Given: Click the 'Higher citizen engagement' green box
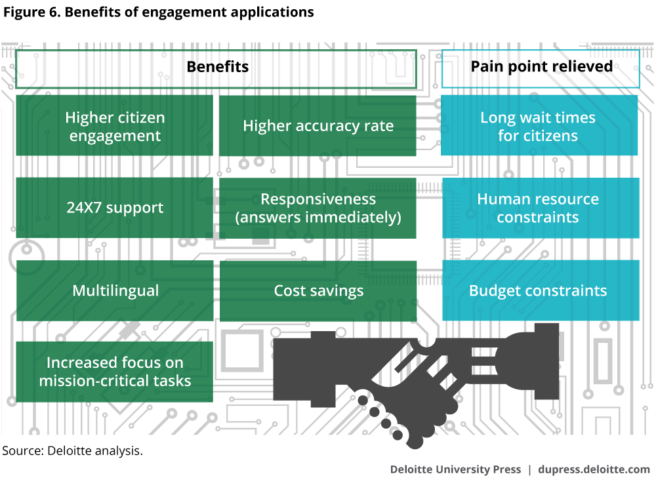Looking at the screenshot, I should pyautogui.click(x=114, y=126).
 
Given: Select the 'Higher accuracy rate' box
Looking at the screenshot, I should pyautogui.click(x=318, y=126).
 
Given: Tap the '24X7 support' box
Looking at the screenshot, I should pyautogui.click(x=114, y=208).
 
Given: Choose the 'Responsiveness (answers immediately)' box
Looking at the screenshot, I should pyautogui.click(x=318, y=208).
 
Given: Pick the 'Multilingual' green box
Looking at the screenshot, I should pyautogui.click(x=115, y=290).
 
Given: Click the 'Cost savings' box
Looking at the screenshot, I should pyautogui.click(x=318, y=290).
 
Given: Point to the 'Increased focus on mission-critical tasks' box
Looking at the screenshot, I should pyautogui.click(x=115, y=371).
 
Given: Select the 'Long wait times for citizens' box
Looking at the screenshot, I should pyautogui.click(x=539, y=126).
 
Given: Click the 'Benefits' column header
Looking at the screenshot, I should pyautogui.click(x=216, y=67).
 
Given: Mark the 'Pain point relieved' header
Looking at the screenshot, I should pyautogui.click(x=541, y=67).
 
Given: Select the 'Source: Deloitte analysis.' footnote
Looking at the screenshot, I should pyautogui.click(x=72, y=451).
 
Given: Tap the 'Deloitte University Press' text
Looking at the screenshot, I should pyautogui.click(x=455, y=469).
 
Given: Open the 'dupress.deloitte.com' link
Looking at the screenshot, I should pyautogui.click(x=594, y=469).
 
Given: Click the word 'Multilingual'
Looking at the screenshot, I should pyautogui.click(x=115, y=290).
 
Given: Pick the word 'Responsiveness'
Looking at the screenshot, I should pyautogui.click(x=318, y=199).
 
